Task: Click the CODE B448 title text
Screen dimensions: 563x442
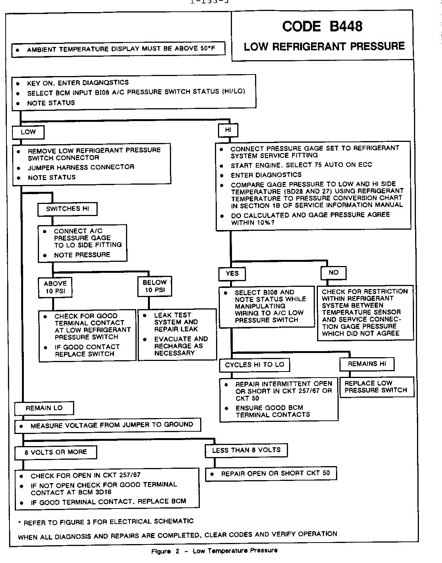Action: tap(322, 26)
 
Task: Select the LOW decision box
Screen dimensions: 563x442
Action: tap(28, 132)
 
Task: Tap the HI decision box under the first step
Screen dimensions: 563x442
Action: tap(228, 130)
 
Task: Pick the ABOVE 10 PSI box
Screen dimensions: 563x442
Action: tap(55, 287)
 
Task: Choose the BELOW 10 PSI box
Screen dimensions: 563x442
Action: tap(154, 286)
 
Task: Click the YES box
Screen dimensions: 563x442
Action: tap(232, 273)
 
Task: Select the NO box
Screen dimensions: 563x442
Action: tap(333, 272)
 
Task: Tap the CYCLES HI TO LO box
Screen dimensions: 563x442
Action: tap(254, 365)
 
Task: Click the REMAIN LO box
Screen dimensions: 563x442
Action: tap(44, 408)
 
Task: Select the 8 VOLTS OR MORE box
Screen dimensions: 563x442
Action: tap(56, 452)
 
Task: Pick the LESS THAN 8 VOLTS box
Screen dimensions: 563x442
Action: tap(246, 450)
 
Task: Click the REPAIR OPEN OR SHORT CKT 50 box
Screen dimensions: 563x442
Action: tap(271, 473)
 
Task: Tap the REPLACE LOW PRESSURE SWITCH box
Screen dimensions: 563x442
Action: tap(376, 387)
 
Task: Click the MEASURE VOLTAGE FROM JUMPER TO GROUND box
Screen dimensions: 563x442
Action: tap(107, 425)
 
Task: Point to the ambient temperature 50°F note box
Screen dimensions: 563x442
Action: tap(118, 49)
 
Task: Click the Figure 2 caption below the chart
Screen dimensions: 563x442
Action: tap(214, 551)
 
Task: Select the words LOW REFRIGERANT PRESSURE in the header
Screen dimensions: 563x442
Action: tap(324, 47)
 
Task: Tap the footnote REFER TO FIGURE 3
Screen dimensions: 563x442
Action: tap(106, 522)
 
